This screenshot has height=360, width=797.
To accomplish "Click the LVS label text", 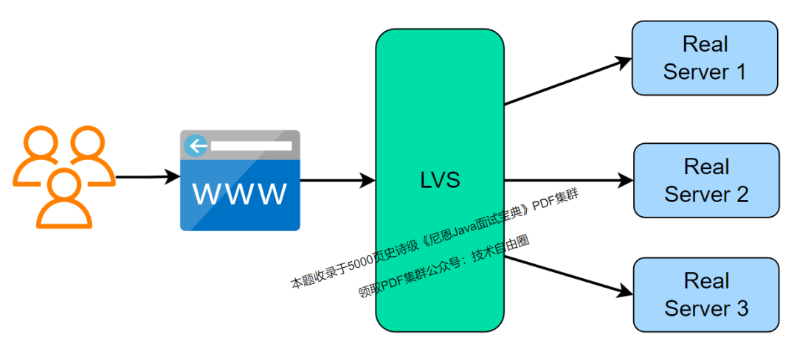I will coord(439,181).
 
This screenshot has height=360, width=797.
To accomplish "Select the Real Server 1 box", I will coord(705,58).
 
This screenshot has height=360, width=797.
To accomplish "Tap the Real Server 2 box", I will coord(706,180).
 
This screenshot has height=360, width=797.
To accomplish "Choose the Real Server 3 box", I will coord(706,294).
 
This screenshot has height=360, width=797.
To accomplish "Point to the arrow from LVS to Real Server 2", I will coord(568,180).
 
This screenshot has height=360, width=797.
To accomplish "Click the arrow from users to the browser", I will coord(148,177).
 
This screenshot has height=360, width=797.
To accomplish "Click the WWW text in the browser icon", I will coord(240,194).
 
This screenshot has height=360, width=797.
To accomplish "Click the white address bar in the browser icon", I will coord(251,146).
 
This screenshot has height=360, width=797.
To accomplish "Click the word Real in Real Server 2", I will coord(706,167).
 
